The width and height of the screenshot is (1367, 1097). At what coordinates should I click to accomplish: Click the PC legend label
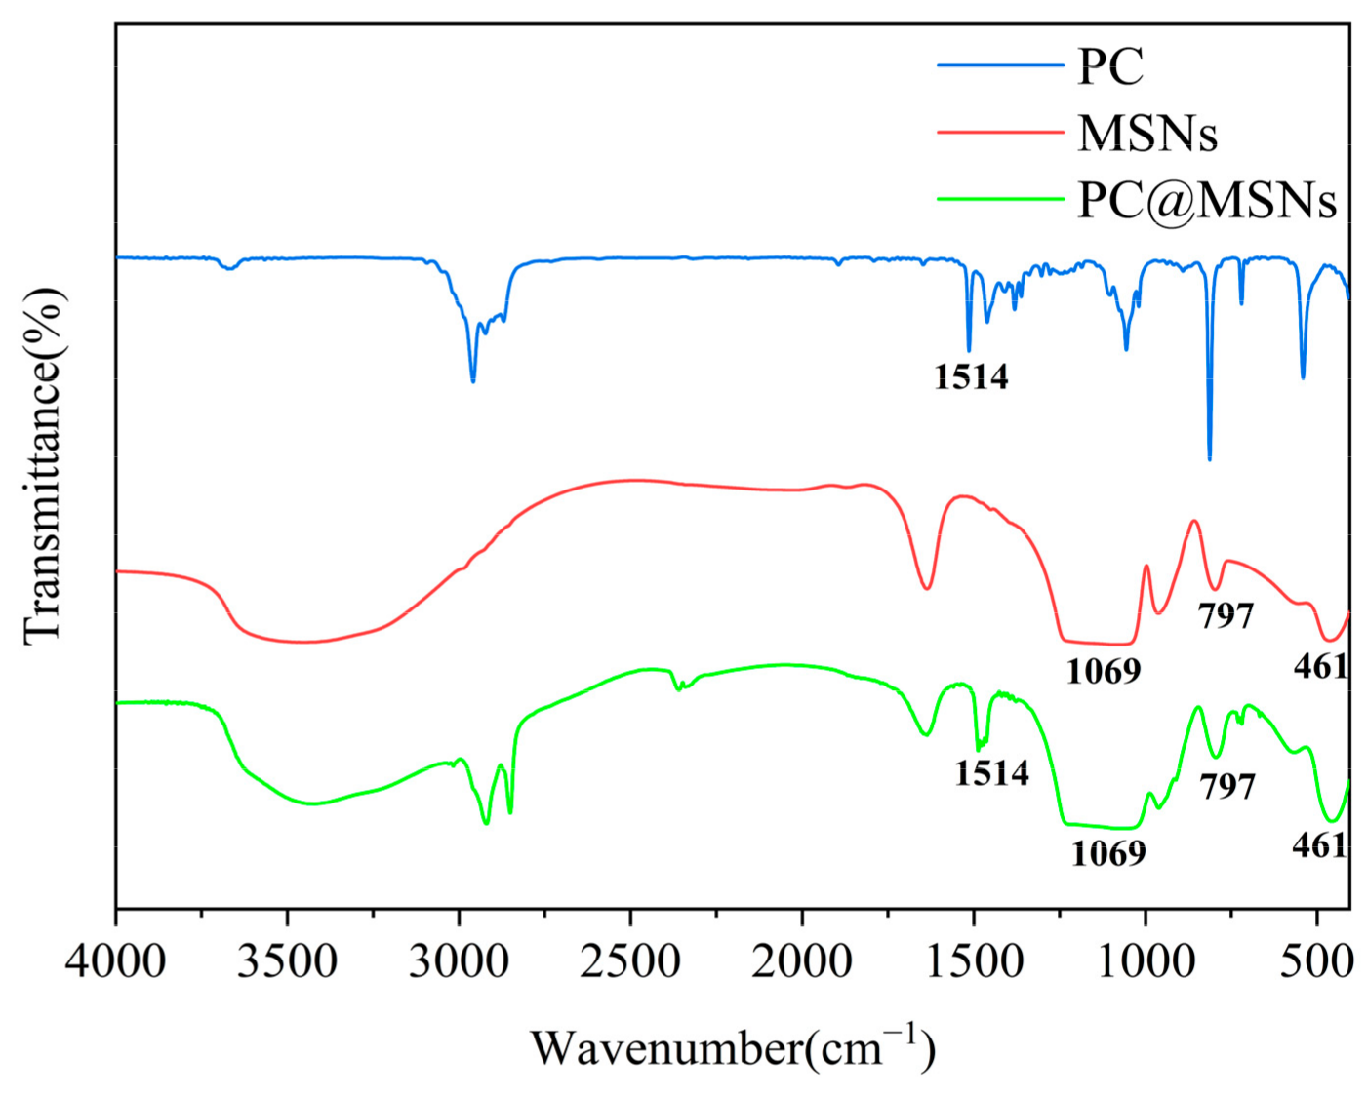point(1109,66)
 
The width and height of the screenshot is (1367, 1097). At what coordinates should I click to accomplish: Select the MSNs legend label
point(1147,133)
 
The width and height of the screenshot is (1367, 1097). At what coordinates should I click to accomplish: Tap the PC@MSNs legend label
point(1206,200)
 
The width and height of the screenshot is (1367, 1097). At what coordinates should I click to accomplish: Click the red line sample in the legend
point(1000,132)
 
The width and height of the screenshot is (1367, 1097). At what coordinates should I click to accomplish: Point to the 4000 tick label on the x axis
point(115,961)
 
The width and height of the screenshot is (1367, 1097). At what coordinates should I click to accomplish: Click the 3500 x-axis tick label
point(288,961)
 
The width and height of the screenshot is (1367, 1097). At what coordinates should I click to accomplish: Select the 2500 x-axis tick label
point(631,961)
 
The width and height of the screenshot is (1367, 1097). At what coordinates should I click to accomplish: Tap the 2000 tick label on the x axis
point(802,961)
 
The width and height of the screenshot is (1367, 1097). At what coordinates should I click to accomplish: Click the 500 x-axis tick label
point(1317,961)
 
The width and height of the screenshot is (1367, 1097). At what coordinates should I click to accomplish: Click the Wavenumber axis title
point(733,1049)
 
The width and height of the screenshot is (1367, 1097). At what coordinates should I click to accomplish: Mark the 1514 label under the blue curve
point(971,376)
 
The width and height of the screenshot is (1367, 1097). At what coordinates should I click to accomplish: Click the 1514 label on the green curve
point(991,772)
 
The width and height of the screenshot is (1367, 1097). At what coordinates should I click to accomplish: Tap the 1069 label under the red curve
point(1103,671)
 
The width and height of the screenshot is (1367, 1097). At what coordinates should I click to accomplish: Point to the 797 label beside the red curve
point(1226,615)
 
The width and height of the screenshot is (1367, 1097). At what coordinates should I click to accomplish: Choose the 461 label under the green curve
point(1319,844)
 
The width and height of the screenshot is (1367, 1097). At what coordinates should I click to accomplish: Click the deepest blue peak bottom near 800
point(1209,458)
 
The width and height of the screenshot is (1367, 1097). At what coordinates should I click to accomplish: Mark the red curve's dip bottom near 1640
point(927,588)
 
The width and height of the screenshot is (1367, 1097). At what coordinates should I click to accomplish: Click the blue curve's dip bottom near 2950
point(473,381)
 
